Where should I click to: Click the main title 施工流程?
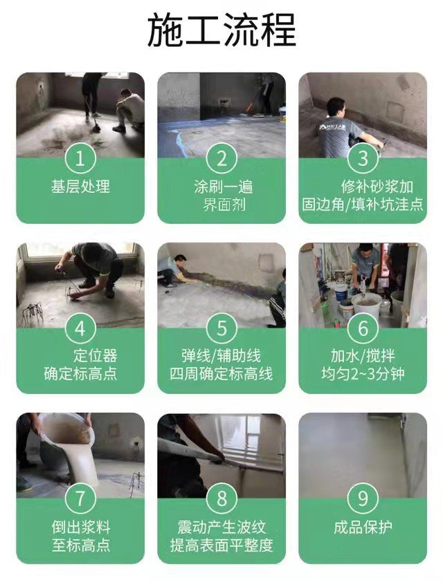(x=221, y=30)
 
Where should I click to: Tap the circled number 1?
(x=80, y=158)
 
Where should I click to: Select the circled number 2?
(x=221, y=158)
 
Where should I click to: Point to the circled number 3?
(x=363, y=158)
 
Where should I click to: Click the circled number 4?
(x=80, y=328)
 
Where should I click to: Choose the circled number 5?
(x=221, y=328)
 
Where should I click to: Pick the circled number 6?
(x=363, y=328)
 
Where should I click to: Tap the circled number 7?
(x=80, y=498)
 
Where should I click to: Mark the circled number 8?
(x=221, y=498)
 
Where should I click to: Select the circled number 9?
(x=363, y=498)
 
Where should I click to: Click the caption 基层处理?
(x=80, y=187)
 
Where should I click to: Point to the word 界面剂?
(x=224, y=205)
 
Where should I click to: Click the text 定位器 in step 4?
(x=95, y=355)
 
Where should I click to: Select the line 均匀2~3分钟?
(x=363, y=374)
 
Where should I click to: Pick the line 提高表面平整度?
(x=221, y=545)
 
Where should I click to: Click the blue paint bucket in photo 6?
(x=341, y=292)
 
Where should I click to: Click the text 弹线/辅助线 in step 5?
(x=221, y=355)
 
